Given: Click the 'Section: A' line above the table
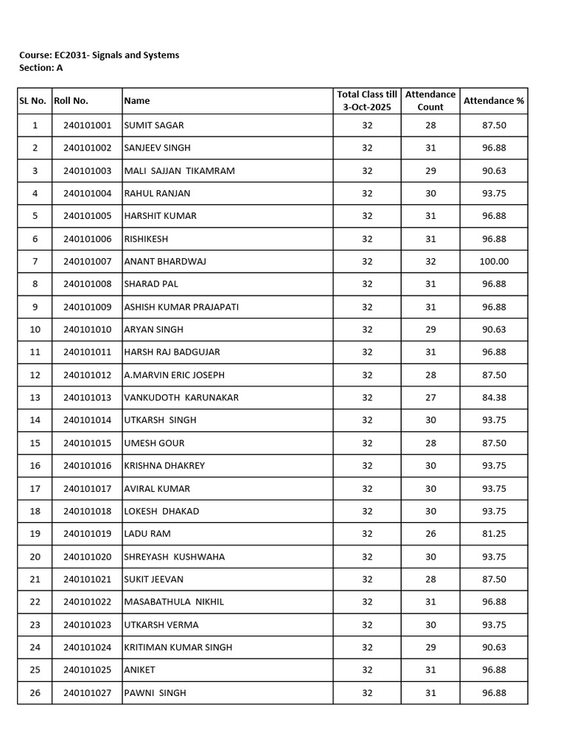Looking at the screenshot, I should (x=41, y=68).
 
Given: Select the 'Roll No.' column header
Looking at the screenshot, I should (x=71, y=100).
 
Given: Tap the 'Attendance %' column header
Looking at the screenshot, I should (x=494, y=100).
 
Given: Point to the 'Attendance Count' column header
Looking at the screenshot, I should (x=430, y=100).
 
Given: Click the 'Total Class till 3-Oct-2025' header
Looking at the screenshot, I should (x=367, y=100).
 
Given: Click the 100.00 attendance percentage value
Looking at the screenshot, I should (x=494, y=262).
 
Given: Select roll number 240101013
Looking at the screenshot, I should (x=87, y=397).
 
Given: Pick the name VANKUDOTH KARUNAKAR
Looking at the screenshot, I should (x=181, y=397).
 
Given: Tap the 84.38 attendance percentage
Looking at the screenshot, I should (x=494, y=397).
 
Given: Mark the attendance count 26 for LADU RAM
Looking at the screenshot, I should (x=430, y=534).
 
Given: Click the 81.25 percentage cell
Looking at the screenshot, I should (x=494, y=534).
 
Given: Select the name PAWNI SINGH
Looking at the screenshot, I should (x=156, y=693).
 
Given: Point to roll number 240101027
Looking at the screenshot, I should (x=87, y=693).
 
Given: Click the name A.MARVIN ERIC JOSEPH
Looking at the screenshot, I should (x=175, y=375).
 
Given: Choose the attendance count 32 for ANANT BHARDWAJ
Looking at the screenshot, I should (x=430, y=262).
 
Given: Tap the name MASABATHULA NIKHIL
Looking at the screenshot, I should (x=174, y=602).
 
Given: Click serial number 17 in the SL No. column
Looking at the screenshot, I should (x=35, y=489).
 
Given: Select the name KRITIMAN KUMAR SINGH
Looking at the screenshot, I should (x=178, y=647).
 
